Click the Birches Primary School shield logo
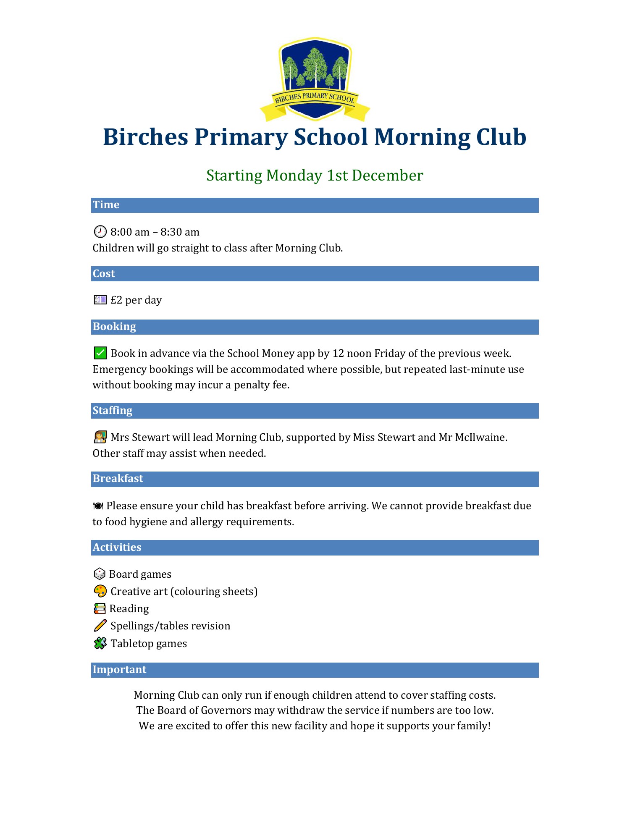[315, 79]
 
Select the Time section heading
[106, 205]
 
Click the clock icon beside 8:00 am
[100, 231]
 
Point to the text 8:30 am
[180, 232]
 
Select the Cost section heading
[104, 274]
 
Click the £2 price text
[116, 300]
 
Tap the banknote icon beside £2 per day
[100, 300]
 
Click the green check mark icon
[100, 353]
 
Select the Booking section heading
[114, 327]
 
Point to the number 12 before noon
[338, 354]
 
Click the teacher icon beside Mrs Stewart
[100, 437]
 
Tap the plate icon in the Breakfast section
[98, 506]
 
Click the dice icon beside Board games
[100, 574]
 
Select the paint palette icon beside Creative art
[100, 591]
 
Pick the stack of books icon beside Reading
[100, 608]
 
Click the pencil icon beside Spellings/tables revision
[100, 626]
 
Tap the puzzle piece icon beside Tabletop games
[100, 643]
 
